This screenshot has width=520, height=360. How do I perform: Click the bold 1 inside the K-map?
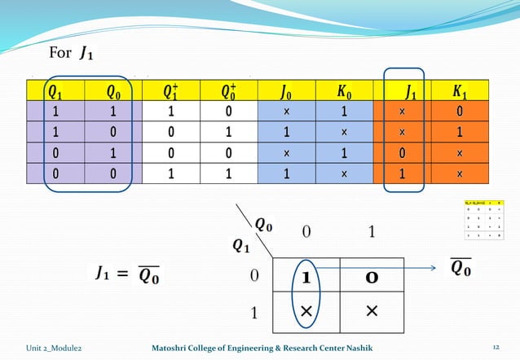pos(306,278)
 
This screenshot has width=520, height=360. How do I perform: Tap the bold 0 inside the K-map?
pos(371,278)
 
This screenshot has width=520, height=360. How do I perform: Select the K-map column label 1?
pos(371,233)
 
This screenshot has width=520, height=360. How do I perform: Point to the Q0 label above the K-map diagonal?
pos(264,222)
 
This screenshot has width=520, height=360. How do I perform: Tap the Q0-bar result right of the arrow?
pos(461,267)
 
